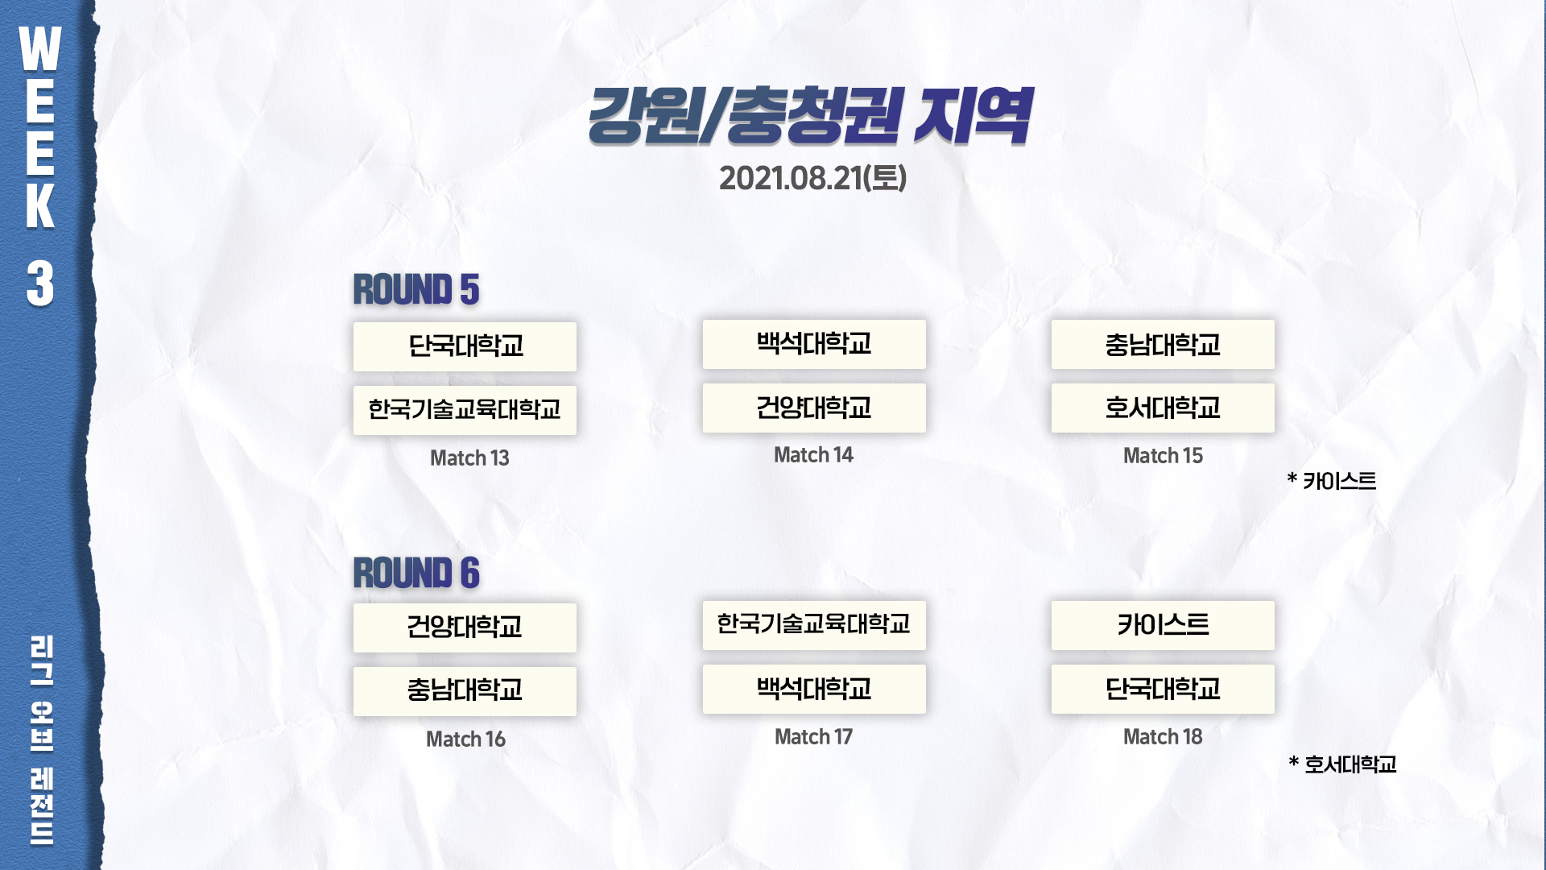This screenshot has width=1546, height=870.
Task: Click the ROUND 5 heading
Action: point(416,290)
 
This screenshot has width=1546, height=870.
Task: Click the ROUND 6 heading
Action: point(416,573)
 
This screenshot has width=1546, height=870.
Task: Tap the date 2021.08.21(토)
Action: point(812,178)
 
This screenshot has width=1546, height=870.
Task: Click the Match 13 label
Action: point(469,458)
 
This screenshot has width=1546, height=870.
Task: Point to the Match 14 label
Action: point(813,455)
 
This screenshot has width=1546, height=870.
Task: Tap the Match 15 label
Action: point(1163,456)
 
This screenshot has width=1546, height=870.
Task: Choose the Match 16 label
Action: point(465,739)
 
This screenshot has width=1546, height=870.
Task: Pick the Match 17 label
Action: point(813,736)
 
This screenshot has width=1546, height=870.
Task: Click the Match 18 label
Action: point(1163,736)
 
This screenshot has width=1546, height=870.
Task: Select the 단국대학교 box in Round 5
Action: point(465,346)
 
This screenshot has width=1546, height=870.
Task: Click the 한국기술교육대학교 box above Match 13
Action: point(465,410)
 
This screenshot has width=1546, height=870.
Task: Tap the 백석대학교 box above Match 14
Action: point(814,344)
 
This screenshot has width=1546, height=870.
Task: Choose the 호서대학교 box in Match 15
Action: point(1163,408)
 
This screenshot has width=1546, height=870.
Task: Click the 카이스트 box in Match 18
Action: point(1163,625)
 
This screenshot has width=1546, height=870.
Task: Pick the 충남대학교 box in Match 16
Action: point(465,691)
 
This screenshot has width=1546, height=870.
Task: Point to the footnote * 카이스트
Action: point(1332,481)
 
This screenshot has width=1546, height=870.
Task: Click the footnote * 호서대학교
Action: point(1342,764)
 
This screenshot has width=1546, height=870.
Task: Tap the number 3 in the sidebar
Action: point(40,284)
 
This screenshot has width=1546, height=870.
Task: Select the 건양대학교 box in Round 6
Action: point(465,628)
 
